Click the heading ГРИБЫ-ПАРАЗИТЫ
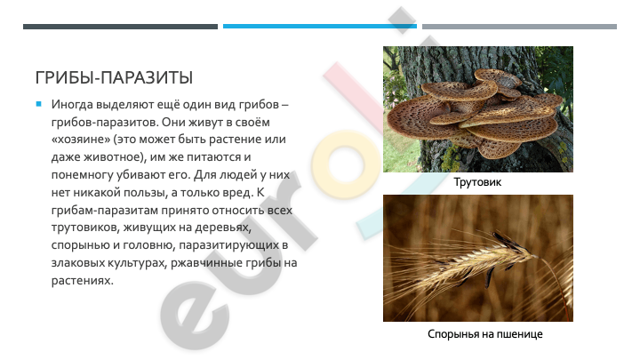point(114,77)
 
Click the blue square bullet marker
point(39,104)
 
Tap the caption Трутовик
point(477,182)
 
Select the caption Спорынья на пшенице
point(485,334)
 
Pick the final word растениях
point(82,281)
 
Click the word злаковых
point(77,263)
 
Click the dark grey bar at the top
point(120,27)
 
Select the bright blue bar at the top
point(320,27)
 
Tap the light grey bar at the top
point(519,27)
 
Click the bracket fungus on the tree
point(474,114)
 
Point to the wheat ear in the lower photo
point(461,261)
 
